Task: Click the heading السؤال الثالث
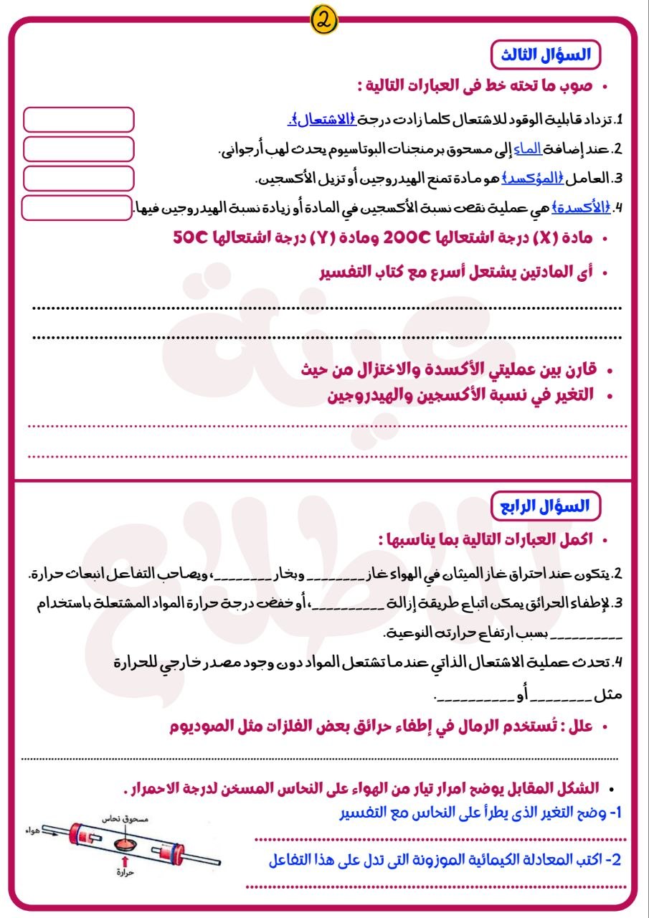coord(545,55)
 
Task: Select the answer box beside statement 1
coord(79,120)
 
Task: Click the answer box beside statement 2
coord(79,148)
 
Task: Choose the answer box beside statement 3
coord(79,177)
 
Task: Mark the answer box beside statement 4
coord(77,207)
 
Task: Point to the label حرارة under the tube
coord(125,874)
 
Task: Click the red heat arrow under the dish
coord(125,858)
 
